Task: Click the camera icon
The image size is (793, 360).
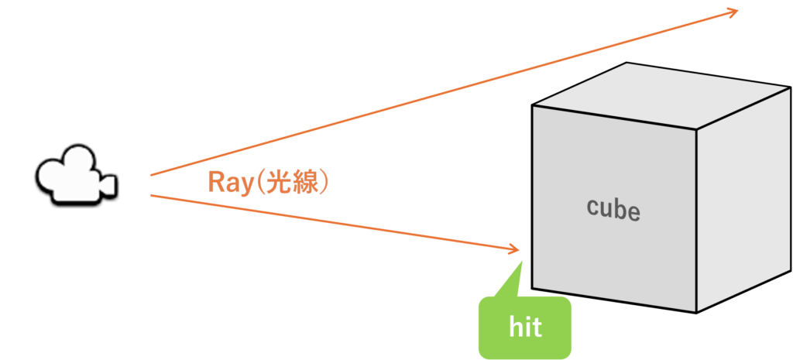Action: click(x=76, y=175)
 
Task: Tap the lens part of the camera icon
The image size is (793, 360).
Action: click(x=108, y=185)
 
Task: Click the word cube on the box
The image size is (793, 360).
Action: click(x=613, y=208)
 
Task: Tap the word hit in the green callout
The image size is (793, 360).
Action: click(x=525, y=328)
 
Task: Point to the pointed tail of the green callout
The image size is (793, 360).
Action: click(x=520, y=262)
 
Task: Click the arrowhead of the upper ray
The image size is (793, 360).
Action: click(x=733, y=12)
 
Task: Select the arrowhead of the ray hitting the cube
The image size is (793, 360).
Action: click(x=513, y=249)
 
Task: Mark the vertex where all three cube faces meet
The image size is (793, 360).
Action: click(x=697, y=129)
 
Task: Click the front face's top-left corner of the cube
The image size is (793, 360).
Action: click(x=531, y=105)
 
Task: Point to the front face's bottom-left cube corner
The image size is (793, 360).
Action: click(x=531, y=289)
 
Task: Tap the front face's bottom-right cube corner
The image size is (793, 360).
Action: click(x=696, y=313)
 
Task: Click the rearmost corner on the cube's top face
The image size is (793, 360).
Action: click(x=627, y=62)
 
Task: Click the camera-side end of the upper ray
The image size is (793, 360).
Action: click(x=151, y=176)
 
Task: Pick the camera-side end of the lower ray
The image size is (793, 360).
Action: click(x=151, y=195)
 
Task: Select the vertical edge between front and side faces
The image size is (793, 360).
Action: click(x=697, y=221)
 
